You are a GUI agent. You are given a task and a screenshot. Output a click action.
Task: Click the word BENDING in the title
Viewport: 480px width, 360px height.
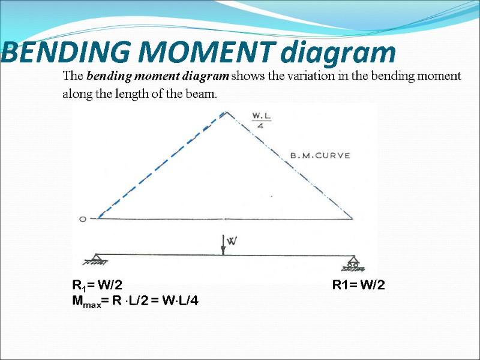pos(48,53)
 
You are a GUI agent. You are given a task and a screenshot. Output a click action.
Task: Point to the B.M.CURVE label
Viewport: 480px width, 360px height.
pos(320,155)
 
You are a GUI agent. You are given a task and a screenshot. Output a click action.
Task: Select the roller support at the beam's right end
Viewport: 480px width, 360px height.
pos(353,262)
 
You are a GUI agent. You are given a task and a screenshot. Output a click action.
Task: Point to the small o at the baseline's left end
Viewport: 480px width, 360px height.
pos(83,219)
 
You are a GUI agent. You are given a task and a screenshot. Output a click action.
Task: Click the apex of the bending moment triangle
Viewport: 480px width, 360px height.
pos(226,112)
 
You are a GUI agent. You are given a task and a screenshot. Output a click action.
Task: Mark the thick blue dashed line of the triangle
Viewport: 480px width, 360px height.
pos(161,165)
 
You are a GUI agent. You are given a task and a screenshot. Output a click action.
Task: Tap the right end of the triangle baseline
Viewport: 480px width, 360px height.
pos(353,219)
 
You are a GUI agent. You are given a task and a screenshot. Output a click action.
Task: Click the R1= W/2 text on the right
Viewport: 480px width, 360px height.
pos(359,285)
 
